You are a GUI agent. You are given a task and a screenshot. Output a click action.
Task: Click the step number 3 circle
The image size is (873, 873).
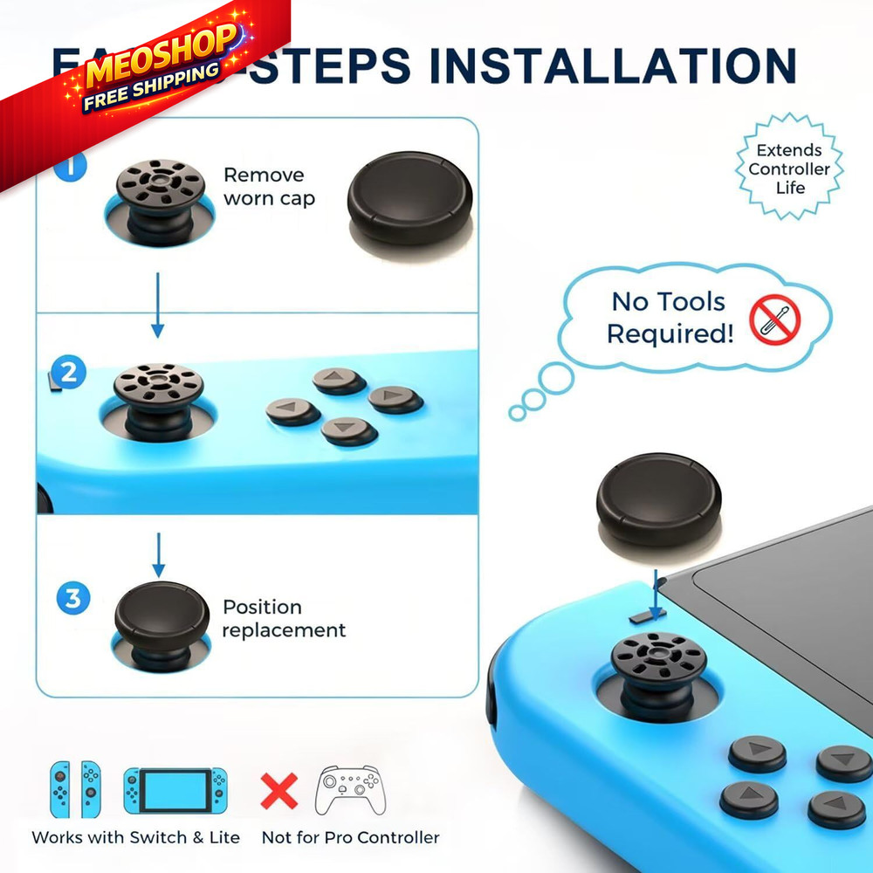pyautogui.click(x=73, y=600)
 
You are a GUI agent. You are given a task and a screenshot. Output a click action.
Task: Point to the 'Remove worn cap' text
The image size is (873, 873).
pyautogui.click(x=268, y=187)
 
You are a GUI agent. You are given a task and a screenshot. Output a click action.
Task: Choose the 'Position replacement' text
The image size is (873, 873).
pyautogui.click(x=284, y=618)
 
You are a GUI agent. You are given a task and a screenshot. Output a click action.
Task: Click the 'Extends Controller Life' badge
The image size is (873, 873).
pyautogui.click(x=789, y=168)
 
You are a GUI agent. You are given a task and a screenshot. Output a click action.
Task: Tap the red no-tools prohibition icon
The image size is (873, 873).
pyautogui.click(x=775, y=320)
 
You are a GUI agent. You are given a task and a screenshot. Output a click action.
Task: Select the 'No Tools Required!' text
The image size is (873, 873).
pyautogui.click(x=670, y=318)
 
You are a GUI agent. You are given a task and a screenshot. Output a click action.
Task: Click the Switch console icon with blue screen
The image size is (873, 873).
pyautogui.click(x=175, y=790)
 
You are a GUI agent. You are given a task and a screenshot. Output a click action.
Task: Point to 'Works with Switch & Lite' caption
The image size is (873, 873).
pyautogui.click(x=135, y=837)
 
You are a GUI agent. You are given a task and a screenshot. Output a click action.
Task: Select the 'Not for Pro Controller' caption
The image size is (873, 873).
pyautogui.click(x=350, y=837)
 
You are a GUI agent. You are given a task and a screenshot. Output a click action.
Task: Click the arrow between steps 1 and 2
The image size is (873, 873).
pyautogui.click(x=157, y=305)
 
